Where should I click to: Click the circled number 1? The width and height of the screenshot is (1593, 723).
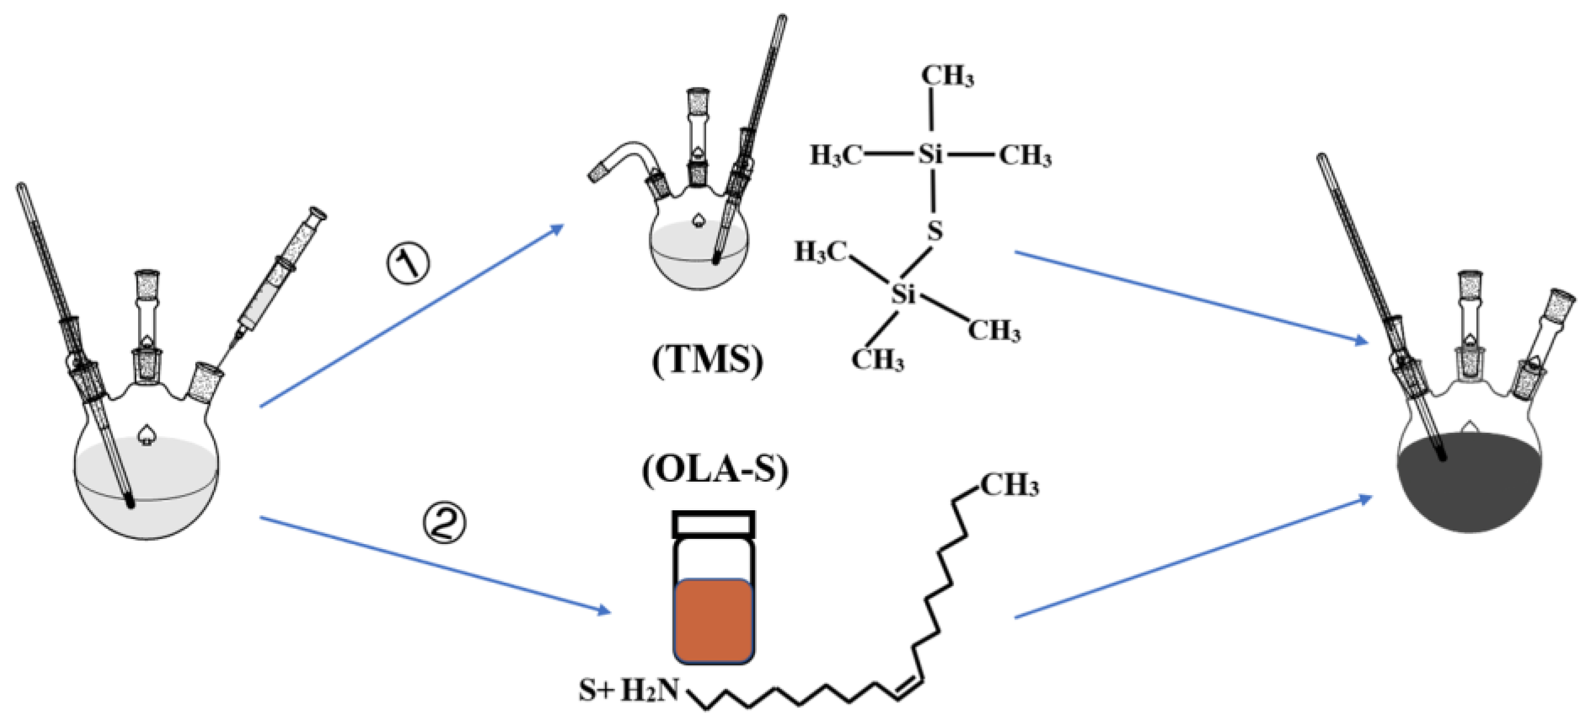(x=408, y=263)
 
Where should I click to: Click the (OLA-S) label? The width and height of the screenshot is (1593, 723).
(x=716, y=470)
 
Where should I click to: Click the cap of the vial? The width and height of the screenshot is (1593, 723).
(x=713, y=523)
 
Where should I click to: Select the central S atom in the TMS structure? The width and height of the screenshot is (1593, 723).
(x=935, y=231)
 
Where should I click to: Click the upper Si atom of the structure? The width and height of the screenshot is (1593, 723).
(x=930, y=153)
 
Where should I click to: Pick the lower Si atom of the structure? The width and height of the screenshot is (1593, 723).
(x=903, y=294)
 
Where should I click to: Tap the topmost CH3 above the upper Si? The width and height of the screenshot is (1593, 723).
(x=947, y=76)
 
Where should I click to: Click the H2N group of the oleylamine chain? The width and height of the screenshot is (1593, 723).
(x=650, y=690)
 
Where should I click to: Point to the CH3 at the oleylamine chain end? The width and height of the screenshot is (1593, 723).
(x=1009, y=486)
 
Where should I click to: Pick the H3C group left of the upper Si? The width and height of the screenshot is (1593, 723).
(x=835, y=154)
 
